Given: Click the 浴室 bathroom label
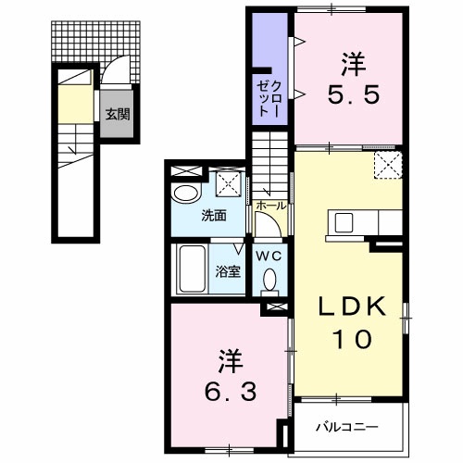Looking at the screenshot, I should tap(228, 271).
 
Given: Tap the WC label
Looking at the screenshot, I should tap(269, 255).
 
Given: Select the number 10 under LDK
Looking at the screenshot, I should tap(353, 340).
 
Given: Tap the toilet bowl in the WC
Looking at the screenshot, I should tap(269, 279).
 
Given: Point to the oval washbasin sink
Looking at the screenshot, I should tap(187, 194).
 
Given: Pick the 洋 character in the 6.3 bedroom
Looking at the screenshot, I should tap(226, 356).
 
